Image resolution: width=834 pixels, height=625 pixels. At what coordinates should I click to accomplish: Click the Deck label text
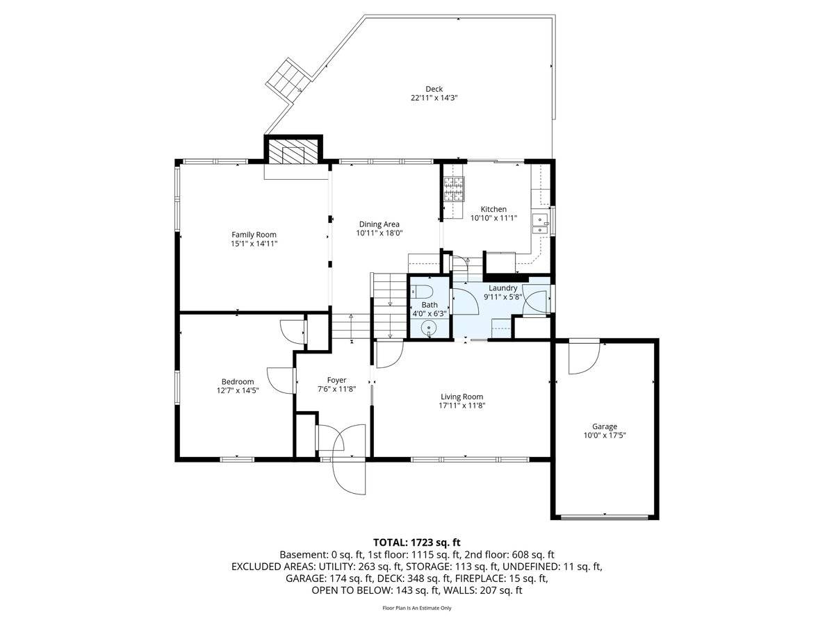coord(434,89)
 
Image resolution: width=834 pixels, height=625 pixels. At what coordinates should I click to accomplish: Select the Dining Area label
coord(379,224)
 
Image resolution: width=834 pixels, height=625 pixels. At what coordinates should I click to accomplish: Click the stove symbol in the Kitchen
coord(454,189)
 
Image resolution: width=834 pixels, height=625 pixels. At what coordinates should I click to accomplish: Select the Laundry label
coord(502,288)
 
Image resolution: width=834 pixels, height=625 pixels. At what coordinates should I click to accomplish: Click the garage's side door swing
coord(584,358)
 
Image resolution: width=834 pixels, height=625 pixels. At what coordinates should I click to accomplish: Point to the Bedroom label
coord(238,381)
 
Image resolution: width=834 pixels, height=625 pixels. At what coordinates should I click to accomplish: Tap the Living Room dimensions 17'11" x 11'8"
coord(461,406)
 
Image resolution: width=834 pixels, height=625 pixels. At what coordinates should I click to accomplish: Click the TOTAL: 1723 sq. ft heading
coord(416,542)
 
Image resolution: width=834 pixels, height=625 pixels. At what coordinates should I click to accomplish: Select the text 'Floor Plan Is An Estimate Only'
coord(416,608)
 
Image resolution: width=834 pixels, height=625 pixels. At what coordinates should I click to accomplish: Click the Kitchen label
coord(493,209)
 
